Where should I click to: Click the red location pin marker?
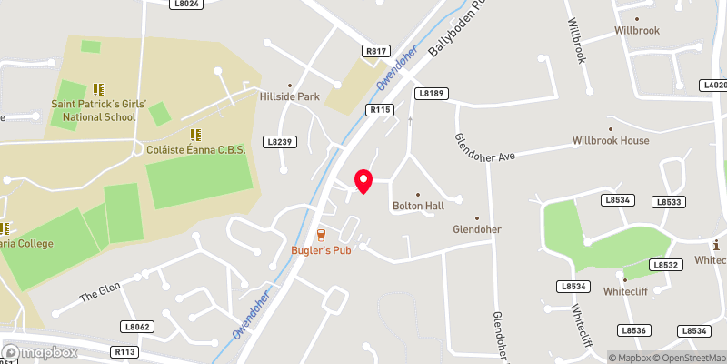(363, 181)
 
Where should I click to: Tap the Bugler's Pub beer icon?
(321, 236)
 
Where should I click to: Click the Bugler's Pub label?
(321, 250)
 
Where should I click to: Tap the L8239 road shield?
(282, 142)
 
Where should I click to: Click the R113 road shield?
(124, 351)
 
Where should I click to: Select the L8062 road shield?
(136, 326)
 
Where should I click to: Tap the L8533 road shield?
(668, 202)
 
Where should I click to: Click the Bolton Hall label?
(418, 207)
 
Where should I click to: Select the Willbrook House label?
(611, 141)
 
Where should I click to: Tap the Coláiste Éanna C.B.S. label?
(196, 149)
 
